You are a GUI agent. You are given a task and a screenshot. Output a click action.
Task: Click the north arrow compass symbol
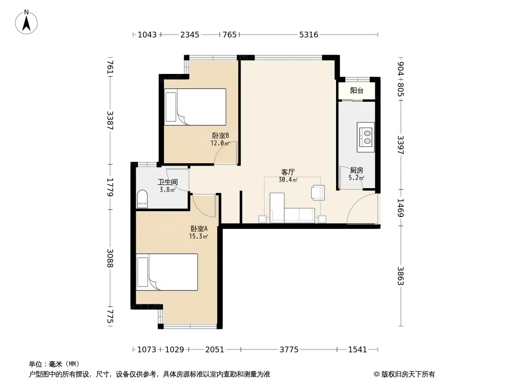26,22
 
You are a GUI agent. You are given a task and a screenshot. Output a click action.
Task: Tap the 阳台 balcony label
357,90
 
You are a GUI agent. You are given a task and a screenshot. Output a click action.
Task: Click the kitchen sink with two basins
365,137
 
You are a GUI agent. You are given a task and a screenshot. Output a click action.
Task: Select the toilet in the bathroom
142,199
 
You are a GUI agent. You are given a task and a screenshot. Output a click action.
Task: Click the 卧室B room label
221,135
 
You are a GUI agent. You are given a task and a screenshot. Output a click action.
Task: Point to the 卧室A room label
199,228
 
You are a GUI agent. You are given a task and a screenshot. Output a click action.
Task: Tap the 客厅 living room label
288,172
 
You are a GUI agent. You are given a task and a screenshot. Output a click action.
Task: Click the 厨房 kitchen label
357,170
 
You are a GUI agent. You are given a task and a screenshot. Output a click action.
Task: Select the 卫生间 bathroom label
168,182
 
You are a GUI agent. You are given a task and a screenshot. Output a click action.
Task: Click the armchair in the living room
318,192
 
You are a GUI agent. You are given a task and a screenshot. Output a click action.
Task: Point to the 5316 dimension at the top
309,35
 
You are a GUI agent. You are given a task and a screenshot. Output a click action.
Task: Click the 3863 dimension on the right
401,276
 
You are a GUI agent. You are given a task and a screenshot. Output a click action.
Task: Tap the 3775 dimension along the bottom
289,349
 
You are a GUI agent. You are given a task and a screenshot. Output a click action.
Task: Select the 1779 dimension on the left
110,187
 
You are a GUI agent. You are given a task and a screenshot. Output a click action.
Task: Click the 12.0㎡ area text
220,143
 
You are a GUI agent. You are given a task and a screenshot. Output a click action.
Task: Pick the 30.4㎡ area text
288,180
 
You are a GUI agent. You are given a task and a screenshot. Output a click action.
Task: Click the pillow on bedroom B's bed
171,107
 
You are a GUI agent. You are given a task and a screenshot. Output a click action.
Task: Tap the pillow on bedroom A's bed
143,272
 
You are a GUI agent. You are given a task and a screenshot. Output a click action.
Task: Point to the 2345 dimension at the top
190,35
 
